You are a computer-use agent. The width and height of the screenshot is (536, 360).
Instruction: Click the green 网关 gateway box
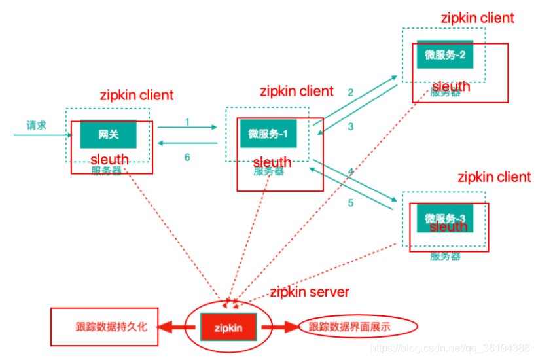click(108, 134)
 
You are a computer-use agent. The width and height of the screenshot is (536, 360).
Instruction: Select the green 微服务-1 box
click(268, 134)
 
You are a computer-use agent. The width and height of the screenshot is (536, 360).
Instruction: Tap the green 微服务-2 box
click(444, 55)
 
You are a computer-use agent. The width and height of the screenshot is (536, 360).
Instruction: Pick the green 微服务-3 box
click(444, 218)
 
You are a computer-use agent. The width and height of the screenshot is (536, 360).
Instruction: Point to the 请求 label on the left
click(37, 125)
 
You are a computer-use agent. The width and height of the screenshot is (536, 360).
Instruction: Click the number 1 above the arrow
click(187, 122)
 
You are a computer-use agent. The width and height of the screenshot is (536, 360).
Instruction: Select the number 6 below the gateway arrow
click(187, 157)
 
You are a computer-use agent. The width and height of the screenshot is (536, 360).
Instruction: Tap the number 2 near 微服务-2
click(350, 92)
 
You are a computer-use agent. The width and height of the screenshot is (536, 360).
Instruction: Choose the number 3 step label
click(350, 126)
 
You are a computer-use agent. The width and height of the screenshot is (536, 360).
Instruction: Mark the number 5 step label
click(350, 202)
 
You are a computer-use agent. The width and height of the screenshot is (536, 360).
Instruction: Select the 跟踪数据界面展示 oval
click(358, 326)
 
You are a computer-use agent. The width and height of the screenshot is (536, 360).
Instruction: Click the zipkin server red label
click(310, 292)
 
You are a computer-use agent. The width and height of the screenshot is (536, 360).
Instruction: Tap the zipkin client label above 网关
click(137, 95)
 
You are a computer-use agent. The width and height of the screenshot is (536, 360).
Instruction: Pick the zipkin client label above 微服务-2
click(478, 18)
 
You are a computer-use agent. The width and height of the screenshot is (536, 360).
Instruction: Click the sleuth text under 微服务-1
click(272, 162)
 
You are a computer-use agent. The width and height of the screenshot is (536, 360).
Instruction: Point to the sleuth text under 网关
click(109, 160)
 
